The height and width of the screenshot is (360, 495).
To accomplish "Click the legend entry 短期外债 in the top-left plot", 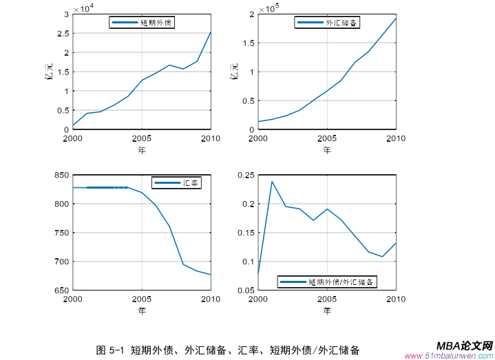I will [x=143, y=23].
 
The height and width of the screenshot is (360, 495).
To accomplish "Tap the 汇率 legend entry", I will [x=176, y=182].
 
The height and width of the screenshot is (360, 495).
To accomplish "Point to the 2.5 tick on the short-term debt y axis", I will [x=62, y=33].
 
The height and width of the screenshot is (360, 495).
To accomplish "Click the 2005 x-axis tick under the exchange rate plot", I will [x=142, y=299].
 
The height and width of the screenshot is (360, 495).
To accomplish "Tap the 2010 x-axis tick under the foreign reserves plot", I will [x=394, y=139].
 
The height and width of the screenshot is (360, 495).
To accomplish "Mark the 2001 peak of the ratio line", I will [x=272, y=181].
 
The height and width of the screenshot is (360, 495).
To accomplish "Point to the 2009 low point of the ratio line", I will [x=383, y=257].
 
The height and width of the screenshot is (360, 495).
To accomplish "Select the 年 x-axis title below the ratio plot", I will [x=327, y=310].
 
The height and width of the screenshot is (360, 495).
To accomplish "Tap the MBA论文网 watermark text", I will [x=465, y=346].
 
